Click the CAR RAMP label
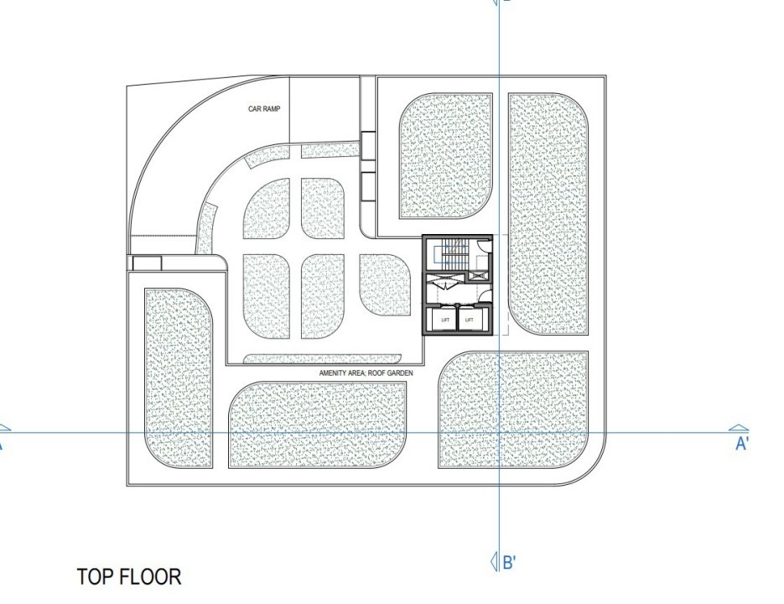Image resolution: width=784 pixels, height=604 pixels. pos(264,108)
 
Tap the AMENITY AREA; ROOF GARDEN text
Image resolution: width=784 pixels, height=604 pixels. pos(366,372)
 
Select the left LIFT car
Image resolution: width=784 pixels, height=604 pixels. pos(445,320)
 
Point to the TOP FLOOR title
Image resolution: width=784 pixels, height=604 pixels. pos(129,576)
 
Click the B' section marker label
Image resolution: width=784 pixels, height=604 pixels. pos(509,562)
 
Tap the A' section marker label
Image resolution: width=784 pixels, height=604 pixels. pos(742,444)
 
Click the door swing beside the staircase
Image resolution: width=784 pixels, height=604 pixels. pos(483,246)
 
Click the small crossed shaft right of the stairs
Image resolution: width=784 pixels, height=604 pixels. pos(477,274)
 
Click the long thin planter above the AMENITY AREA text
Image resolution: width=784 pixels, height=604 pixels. pos(322,359)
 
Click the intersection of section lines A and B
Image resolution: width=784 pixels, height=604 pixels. pos(500,432)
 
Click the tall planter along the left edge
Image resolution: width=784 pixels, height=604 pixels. pos(178,377)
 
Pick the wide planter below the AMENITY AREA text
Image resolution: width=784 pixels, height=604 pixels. pos(318,424)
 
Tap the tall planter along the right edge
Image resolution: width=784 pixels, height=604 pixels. pos(548,214)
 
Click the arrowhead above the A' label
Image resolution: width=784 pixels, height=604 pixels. pos(739,429)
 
